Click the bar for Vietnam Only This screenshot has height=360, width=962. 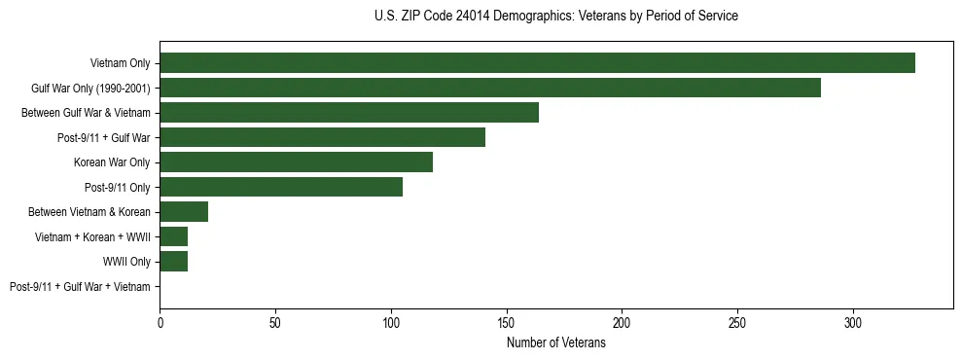(x=537, y=63)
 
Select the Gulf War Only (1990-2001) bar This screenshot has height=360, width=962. (x=490, y=88)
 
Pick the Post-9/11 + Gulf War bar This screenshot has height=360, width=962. (x=322, y=137)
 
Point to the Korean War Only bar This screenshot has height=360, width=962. (x=296, y=162)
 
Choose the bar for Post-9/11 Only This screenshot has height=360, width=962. (x=281, y=187)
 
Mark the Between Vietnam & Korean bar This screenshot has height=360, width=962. (x=184, y=212)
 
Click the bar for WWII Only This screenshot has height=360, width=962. (x=173, y=262)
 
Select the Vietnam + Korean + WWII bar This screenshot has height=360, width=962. (x=173, y=236)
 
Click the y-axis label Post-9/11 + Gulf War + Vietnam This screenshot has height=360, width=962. (x=80, y=287)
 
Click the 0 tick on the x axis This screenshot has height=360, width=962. (x=160, y=321)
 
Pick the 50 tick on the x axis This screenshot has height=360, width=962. (x=275, y=321)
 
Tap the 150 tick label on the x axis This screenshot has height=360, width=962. (x=506, y=321)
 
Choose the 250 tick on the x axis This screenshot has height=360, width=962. (x=737, y=321)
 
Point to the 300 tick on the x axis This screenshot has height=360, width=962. (x=853, y=321)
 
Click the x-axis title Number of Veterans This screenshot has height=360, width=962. (x=555, y=342)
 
